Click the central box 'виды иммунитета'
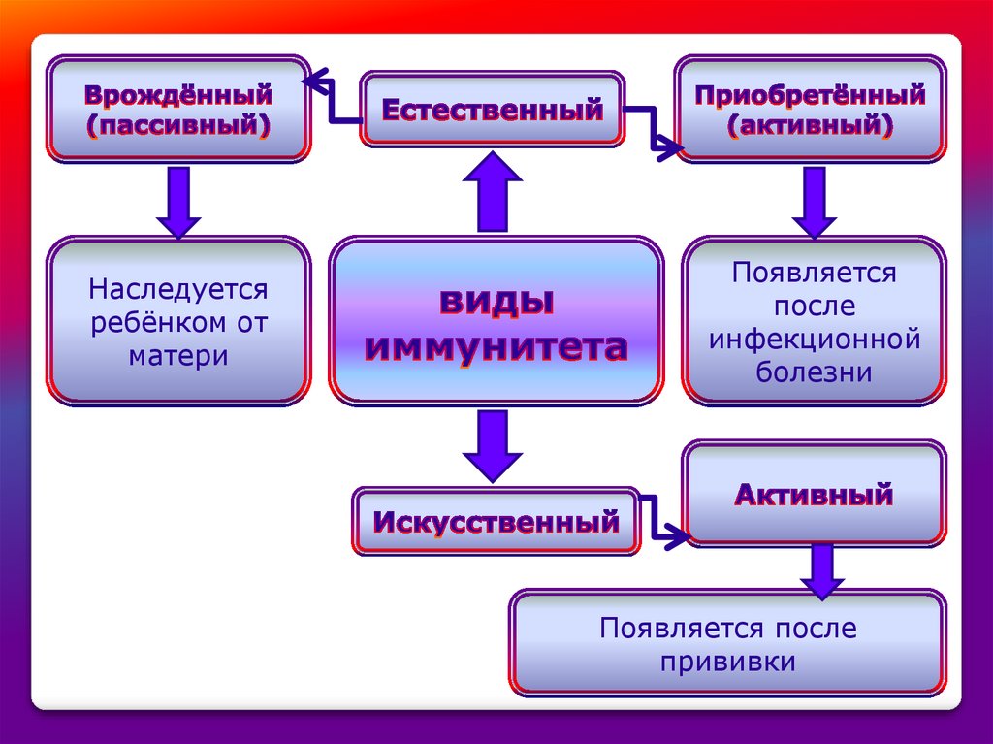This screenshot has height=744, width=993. point(496,320)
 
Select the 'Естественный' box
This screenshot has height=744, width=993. point(493,109)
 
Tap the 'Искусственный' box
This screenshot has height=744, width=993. point(496,523)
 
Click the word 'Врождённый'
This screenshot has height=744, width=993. point(177,95)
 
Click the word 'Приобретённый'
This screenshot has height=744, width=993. point(810,95)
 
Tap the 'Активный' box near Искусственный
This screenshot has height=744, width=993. point(813,495)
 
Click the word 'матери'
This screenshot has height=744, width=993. point(178,356)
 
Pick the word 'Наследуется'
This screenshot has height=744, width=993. point(178,289)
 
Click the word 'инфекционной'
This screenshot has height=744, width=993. point(814,340)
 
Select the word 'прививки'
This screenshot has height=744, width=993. point(728,662)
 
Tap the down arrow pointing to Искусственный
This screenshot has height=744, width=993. point(493,444)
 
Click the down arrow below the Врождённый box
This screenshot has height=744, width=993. point(178,201)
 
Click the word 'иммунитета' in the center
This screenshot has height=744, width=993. point(496,347)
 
